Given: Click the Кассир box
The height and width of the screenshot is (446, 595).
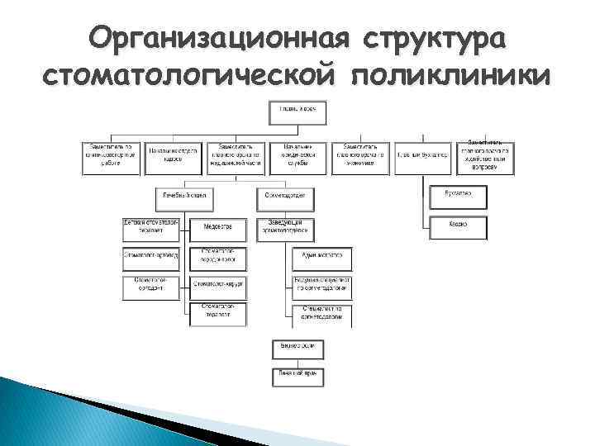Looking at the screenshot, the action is pyautogui.click(x=458, y=225).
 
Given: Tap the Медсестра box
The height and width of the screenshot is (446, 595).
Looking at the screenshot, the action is pyautogui.click(x=218, y=227).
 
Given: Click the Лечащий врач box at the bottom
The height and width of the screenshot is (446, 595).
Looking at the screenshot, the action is pyautogui.click(x=298, y=377).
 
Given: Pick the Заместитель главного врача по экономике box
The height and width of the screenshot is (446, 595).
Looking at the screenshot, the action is pyautogui.click(x=360, y=157).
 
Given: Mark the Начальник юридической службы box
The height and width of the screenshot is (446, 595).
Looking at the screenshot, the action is pyautogui.click(x=298, y=157).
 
